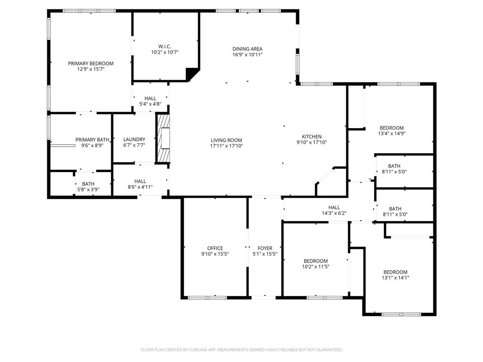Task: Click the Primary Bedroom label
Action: [x=91, y=64]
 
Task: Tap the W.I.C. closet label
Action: [x=165, y=46]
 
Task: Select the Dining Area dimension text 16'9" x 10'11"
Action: [x=247, y=55]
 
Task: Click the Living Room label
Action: [x=226, y=140]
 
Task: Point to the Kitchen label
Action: [x=312, y=137]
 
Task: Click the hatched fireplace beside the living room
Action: [x=163, y=139]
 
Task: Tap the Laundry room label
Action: [x=134, y=140]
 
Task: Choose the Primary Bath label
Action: [x=92, y=140]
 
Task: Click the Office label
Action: [x=215, y=248]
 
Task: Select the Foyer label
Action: [x=265, y=248]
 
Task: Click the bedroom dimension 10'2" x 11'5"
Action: [x=316, y=267]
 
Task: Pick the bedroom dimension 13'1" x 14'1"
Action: [x=395, y=278]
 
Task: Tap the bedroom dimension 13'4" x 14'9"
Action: [x=392, y=133]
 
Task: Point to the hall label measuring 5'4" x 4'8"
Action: [x=150, y=104]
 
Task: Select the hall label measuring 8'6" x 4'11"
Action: [x=140, y=187]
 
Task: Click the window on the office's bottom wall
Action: [x=208, y=297]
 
